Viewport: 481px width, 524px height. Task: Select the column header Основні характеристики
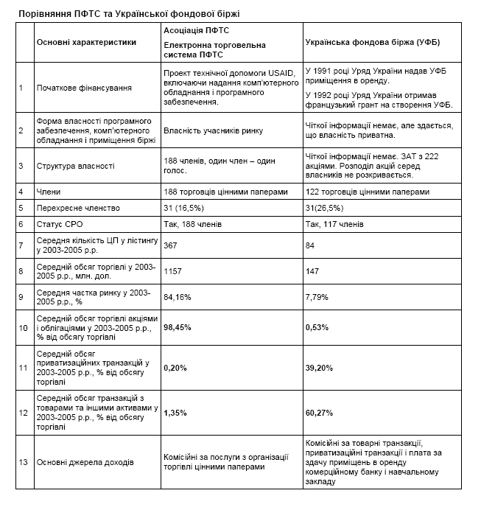86,42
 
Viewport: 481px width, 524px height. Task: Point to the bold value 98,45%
176,328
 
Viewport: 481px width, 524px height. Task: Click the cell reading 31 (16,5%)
182,208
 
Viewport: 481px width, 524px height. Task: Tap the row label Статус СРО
61,223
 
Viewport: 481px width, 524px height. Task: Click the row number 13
23,462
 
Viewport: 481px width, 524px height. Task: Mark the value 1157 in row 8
172,270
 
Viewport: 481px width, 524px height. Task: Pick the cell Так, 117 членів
334,223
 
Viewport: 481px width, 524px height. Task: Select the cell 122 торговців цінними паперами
366,192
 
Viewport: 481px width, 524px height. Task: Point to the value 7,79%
317,297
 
